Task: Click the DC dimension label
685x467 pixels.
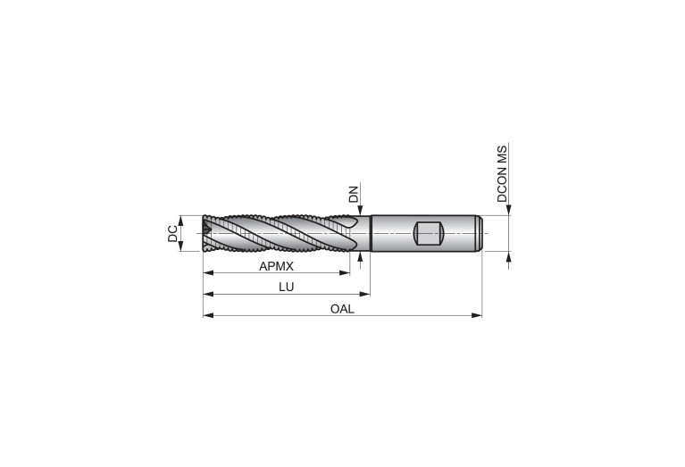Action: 173,233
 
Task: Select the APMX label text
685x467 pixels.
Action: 276,266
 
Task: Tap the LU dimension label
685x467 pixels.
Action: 287,287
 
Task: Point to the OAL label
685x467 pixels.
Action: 342,309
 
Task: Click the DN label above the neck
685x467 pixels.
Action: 354,195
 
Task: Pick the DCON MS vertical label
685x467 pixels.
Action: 503,174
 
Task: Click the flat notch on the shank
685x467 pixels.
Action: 429,233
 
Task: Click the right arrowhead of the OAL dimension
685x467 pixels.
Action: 477,315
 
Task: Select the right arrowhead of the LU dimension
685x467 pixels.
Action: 364,294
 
